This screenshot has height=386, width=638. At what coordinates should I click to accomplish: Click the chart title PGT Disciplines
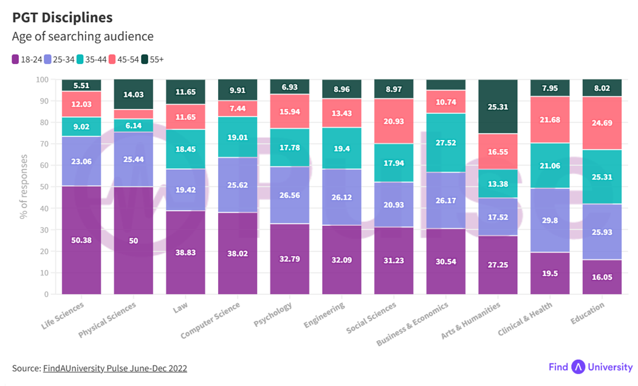coord(62,18)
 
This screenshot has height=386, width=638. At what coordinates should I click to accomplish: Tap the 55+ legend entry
coord(153,59)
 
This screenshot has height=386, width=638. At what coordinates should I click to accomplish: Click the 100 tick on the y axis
coord(42,80)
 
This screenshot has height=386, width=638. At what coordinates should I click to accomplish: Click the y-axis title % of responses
coord(24,187)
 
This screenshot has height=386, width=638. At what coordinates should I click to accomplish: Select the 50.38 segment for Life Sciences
coord(81,240)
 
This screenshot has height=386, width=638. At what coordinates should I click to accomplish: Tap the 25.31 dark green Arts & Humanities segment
coord(498,107)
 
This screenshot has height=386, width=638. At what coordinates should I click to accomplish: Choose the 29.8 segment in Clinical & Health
coord(550,220)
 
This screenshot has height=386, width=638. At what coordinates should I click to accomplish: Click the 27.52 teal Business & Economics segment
coord(446,142)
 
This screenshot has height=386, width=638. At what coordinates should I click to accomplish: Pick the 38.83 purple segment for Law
coord(185,252)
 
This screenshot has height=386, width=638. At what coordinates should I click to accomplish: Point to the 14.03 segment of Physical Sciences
coord(133,94)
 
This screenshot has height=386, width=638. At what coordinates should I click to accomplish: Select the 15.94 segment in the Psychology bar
coord(289,111)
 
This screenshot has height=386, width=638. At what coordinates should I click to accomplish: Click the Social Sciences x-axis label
coord(371,318)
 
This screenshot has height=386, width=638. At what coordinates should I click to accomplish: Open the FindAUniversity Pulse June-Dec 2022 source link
coord(115,368)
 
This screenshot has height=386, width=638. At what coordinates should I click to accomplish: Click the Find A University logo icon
coord(578,367)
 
